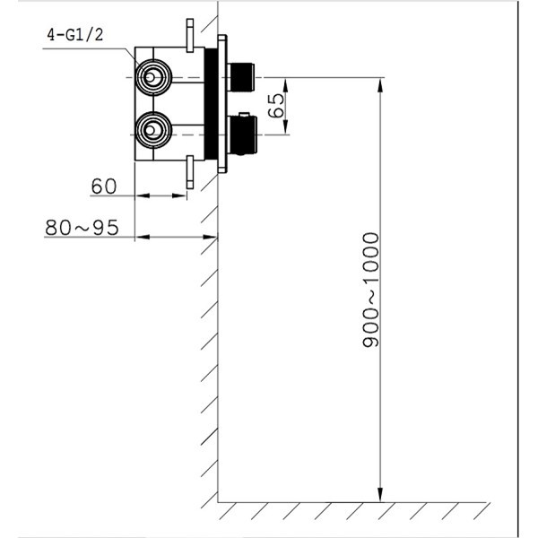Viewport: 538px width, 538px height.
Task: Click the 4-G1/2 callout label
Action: tap(75, 35)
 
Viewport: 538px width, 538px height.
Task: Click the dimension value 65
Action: tap(276, 106)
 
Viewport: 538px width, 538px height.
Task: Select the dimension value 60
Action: tap(104, 187)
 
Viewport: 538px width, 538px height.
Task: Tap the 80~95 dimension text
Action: tap(82, 228)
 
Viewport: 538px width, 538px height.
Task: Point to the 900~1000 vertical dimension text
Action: tap(371, 290)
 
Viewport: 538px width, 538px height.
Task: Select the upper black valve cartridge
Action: tap(241, 77)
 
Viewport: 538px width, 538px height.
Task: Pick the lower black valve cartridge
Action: tap(243, 134)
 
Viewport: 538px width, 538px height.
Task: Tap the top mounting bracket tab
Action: tap(190, 35)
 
